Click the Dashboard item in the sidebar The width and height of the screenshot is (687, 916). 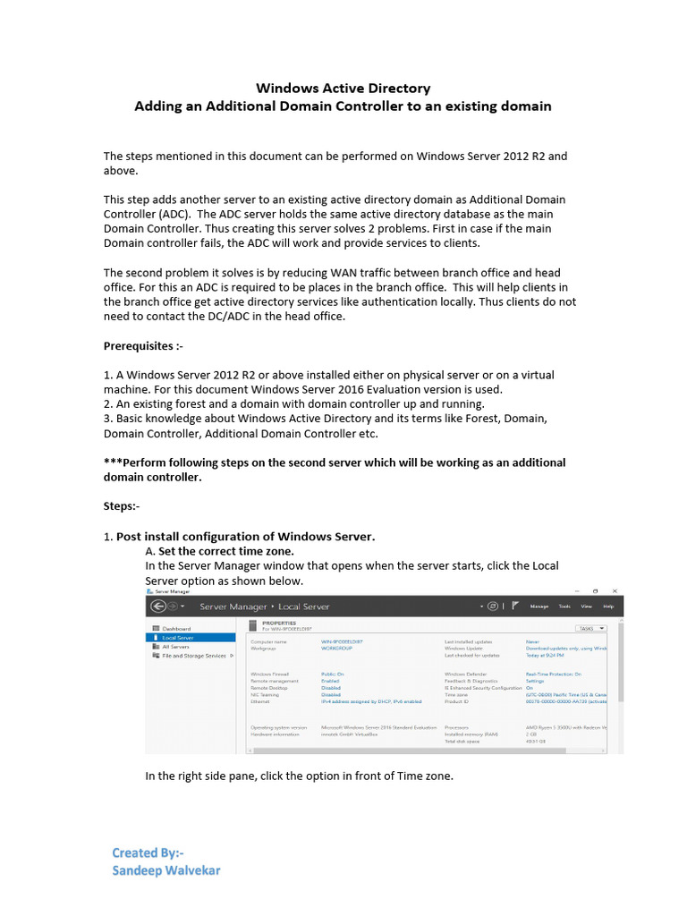click(175, 629)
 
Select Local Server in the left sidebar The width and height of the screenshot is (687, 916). click(179, 638)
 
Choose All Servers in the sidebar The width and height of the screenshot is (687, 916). click(174, 647)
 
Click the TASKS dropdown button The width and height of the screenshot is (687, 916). click(591, 629)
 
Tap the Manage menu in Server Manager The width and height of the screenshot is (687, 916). click(539, 606)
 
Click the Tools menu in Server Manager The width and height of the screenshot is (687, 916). click(564, 606)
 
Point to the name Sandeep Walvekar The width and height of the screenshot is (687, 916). click(166, 869)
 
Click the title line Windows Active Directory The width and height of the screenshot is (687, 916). click(343, 88)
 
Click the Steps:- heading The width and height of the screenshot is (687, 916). click(122, 506)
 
